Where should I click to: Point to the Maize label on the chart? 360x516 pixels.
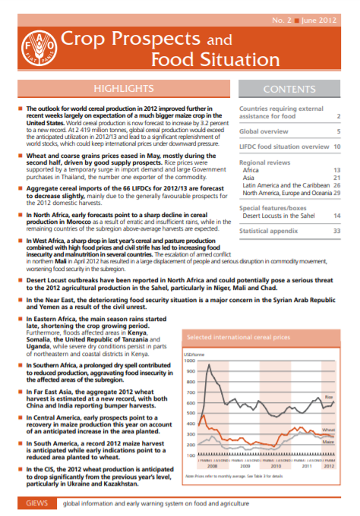(x=328, y=441)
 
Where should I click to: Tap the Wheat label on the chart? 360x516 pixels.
(x=328, y=429)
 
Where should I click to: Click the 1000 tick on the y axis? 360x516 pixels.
(x=190, y=361)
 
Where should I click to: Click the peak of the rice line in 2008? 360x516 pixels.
(x=208, y=367)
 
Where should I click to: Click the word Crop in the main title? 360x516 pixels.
(x=87, y=37)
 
